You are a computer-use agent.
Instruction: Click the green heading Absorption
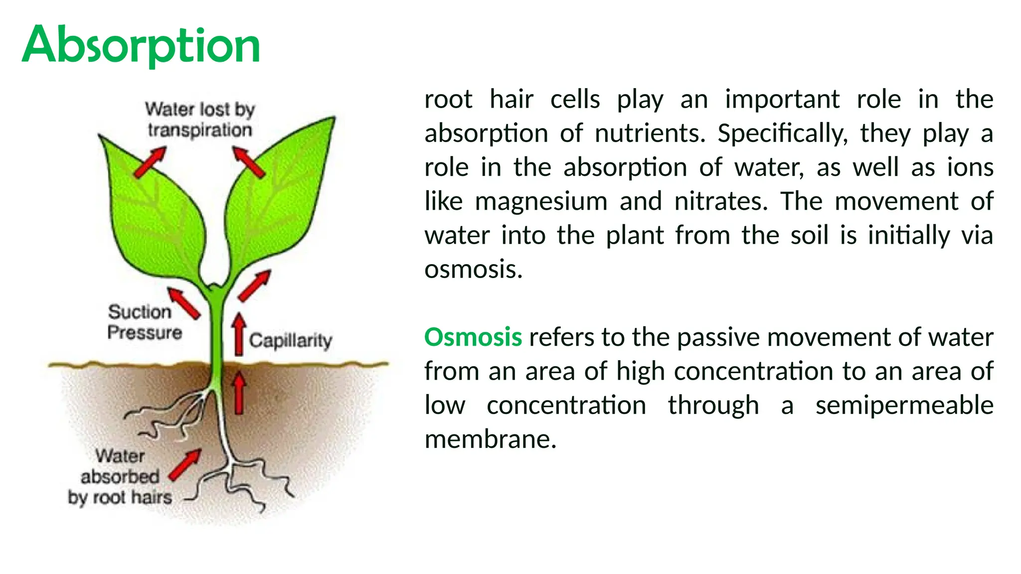[x=141, y=45]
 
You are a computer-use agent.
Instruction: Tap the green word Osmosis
[x=473, y=337]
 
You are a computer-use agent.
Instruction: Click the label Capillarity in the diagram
[x=290, y=341]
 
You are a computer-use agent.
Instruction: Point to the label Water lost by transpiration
[x=200, y=120]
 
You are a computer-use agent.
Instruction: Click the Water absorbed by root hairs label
[x=120, y=477]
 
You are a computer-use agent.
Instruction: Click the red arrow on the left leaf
[x=150, y=162]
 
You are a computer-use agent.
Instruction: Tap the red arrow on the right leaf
[x=249, y=162]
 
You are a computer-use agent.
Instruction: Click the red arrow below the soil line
[x=239, y=394]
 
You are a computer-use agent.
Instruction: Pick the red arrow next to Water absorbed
[x=185, y=465]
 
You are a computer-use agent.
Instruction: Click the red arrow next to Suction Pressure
[x=183, y=303]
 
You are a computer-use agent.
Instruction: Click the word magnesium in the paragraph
[x=541, y=202]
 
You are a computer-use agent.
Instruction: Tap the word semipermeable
[x=904, y=405]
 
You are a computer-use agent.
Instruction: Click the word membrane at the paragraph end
[x=490, y=439]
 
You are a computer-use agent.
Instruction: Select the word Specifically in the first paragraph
[x=782, y=134]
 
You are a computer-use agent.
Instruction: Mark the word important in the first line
[x=782, y=99]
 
